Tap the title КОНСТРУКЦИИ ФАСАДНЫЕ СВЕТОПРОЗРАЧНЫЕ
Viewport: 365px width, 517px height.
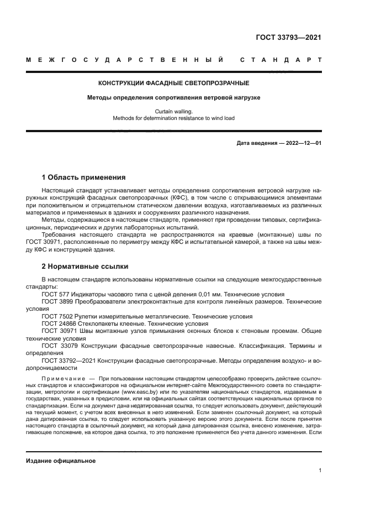[174, 83]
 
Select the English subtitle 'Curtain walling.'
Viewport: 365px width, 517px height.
[174, 111]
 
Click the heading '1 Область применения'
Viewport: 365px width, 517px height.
[84, 177]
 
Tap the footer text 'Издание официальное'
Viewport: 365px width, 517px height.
[61, 461]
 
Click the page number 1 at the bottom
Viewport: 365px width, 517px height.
[320, 471]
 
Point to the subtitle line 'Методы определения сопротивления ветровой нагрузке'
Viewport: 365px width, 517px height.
[174, 97]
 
